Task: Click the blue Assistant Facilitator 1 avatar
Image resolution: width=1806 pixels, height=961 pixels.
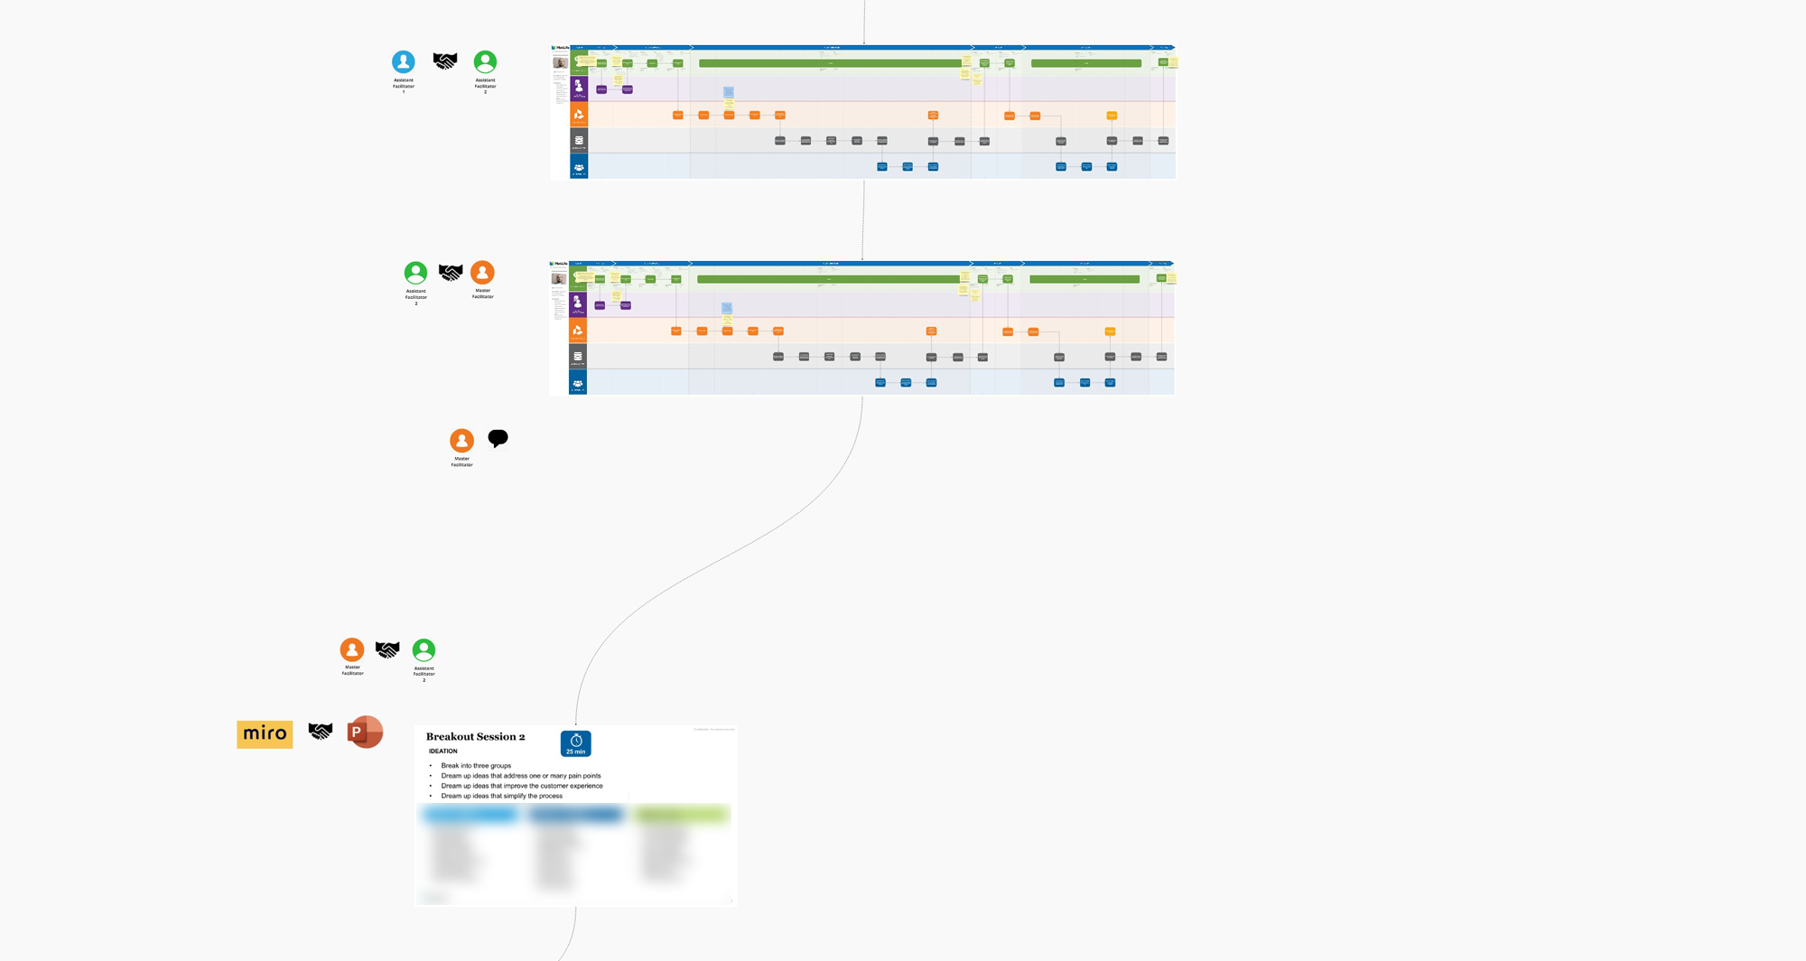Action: click(x=403, y=61)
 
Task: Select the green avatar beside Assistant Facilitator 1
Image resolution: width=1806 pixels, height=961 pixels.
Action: click(x=485, y=61)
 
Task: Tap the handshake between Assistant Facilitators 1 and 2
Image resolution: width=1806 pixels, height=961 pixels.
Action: click(x=444, y=61)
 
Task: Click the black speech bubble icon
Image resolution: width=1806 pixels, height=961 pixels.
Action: click(x=498, y=438)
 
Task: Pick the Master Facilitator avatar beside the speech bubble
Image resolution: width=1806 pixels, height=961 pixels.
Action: click(x=461, y=440)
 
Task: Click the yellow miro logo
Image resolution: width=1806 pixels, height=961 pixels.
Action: click(x=265, y=733)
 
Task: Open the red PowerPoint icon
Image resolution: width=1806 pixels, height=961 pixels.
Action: click(x=365, y=732)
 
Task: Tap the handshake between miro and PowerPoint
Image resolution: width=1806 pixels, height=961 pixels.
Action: click(x=320, y=731)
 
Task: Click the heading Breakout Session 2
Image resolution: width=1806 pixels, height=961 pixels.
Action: click(x=475, y=737)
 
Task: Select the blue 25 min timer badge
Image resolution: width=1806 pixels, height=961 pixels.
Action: click(x=575, y=743)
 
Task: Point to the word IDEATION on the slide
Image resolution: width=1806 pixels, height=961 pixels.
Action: click(x=442, y=751)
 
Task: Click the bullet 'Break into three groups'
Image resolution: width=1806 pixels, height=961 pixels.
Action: click(x=476, y=766)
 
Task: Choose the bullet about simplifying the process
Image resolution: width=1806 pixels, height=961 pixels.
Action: click(x=501, y=796)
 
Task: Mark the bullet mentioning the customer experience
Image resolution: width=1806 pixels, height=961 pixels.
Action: click(x=521, y=786)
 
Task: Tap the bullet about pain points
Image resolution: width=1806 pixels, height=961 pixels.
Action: click(x=520, y=776)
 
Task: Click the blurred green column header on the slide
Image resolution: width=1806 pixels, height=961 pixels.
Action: click(x=681, y=815)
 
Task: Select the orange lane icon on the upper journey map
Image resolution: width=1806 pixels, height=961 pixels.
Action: click(x=579, y=115)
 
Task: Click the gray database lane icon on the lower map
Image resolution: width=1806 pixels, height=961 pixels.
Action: click(x=578, y=357)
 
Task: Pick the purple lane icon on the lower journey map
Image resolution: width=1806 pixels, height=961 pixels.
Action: click(x=578, y=303)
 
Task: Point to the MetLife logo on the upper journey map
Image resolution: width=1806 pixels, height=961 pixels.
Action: click(x=560, y=48)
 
